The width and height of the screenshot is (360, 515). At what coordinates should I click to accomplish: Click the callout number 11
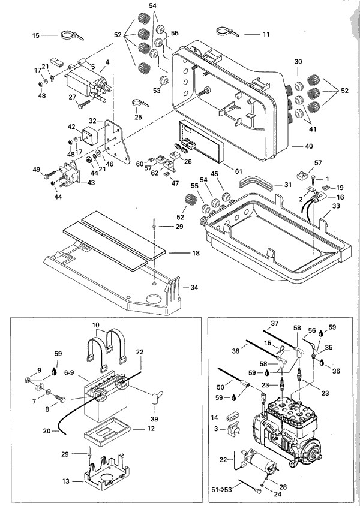pyautogui.click(x=266, y=34)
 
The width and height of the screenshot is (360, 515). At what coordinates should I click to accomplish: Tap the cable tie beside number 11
pyautogui.click(x=229, y=30)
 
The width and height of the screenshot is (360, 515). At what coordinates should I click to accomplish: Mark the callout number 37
pyautogui.click(x=275, y=323)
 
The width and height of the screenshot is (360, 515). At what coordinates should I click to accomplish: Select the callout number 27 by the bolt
pyautogui.click(x=72, y=97)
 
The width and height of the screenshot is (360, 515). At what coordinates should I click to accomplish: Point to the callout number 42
pyautogui.click(x=72, y=127)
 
